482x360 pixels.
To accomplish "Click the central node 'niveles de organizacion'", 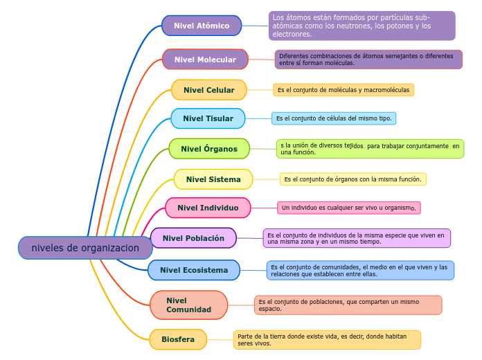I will (85, 248).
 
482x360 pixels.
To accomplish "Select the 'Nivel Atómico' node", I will (202, 26).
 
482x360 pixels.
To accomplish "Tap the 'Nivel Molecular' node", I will (205, 60).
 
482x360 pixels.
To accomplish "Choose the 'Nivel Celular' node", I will (208, 90).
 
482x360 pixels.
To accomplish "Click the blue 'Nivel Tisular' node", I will (208, 118).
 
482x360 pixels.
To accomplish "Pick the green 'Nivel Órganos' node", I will (208, 149).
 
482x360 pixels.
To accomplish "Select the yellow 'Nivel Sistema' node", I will (213, 179).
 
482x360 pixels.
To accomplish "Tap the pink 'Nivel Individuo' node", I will (208, 208).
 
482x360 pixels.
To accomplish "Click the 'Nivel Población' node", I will (193, 238).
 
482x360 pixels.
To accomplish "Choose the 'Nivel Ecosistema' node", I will (193, 270).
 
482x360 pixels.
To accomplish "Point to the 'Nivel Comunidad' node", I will (188, 305).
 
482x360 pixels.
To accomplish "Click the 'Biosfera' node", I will (178, 339).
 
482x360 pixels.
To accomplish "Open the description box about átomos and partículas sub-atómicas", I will (361, 26).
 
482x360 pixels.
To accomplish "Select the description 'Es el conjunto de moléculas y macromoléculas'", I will (343, 90).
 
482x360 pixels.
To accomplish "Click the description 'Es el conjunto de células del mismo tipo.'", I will (334, 118).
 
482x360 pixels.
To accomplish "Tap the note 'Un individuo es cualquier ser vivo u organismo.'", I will (348, 208).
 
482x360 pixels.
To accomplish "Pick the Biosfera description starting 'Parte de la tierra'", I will (327, 339).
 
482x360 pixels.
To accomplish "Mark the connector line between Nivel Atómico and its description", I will (255, 26).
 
